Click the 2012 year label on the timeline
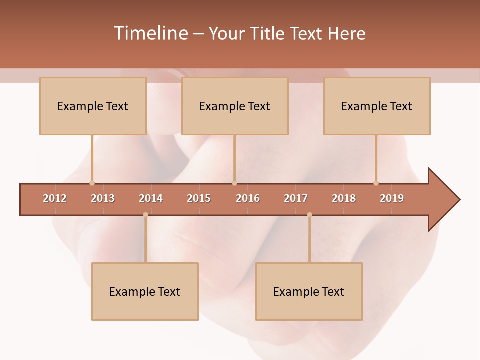pos(55,198)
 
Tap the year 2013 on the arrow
pos(103,198)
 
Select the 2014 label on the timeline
pos(151,198)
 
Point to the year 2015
pos(199,198)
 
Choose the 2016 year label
pos(248,198)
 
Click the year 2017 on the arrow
pos(296,198)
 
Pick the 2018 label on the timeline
pos(344,198)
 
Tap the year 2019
pos(392,198)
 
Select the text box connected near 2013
pos(93,106)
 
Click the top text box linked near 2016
pos(235,106)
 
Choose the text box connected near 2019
pos(377,106)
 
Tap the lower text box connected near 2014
pos(145,291)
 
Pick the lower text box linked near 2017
pos(309,291)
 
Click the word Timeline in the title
pos(150,33)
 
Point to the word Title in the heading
pos(270,33)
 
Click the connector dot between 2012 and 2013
pos(92,183)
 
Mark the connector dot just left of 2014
pos(145,215)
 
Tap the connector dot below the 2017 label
pos(309,215)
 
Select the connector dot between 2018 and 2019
pos(376,183)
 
